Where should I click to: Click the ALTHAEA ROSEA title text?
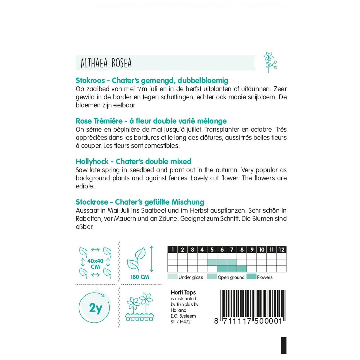106,63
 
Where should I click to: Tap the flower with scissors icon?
270,62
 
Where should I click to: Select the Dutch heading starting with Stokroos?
152,80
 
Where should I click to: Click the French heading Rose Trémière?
151,121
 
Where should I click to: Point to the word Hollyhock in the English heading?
92,161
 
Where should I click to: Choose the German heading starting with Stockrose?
140,202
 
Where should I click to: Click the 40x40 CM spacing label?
95,264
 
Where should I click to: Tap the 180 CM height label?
139,277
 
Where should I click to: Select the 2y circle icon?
95,308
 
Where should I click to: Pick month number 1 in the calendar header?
172,250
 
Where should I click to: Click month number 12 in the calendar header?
281,250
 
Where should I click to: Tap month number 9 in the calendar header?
252,250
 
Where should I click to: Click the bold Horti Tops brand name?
183,292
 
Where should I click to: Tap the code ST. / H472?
181,322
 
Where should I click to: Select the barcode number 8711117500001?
248,321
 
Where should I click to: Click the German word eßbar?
85,227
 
